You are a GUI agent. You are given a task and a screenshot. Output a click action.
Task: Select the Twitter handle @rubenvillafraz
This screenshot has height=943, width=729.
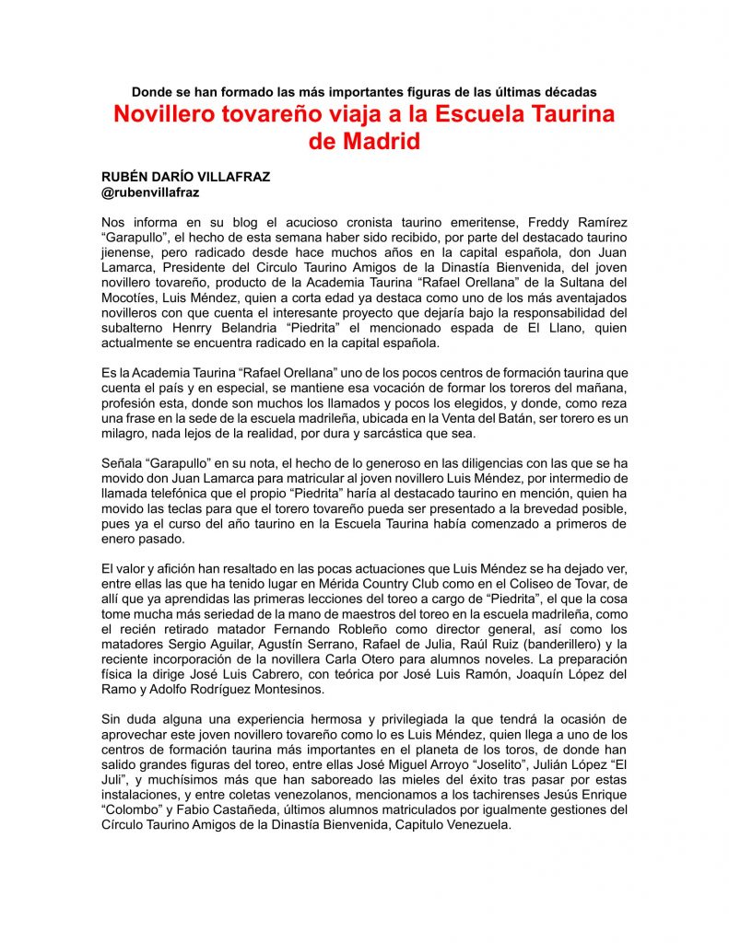pos(150,192)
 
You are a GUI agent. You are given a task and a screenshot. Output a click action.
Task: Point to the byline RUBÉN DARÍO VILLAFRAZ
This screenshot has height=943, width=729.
pos(186,177)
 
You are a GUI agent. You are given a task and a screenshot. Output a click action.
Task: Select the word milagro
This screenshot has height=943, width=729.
pos(129,433)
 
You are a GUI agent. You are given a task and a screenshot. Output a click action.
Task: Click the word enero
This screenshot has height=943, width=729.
pos(122,538)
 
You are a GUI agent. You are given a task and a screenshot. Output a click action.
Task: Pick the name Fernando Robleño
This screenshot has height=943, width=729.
pos(311,629)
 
